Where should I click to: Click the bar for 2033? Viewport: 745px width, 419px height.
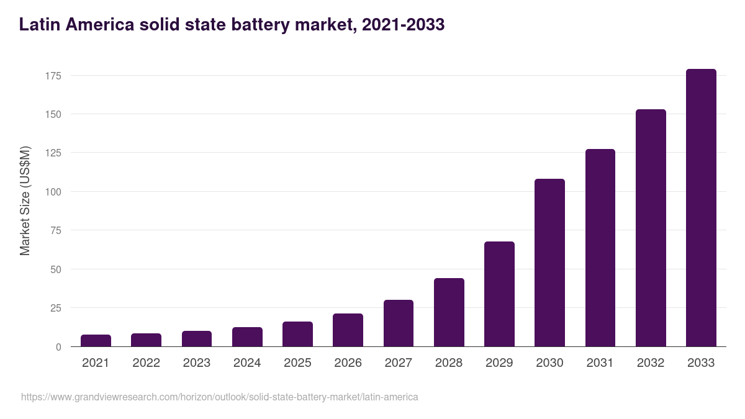pos(701,208)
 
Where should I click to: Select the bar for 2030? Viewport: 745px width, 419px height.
pos(549,263)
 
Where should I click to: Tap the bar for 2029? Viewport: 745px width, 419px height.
pos(499,294)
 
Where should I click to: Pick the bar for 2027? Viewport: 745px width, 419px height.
pos(398,323)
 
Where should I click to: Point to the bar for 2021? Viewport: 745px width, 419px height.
pos(96,341)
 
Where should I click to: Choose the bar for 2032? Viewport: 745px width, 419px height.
pos(651,228)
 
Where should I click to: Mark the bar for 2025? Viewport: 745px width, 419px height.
pos(297,334)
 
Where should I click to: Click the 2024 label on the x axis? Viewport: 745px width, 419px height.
pos(247,363)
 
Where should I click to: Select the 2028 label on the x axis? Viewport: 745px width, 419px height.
pos(449,363)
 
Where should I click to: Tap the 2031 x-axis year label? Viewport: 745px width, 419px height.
pos(600,363)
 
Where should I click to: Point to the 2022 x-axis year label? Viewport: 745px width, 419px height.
pos(146,363)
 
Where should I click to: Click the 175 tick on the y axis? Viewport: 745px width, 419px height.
pos(53,76)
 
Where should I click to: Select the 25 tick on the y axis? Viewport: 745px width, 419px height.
pos(55,308)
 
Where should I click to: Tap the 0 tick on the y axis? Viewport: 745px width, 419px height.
pos(58,347)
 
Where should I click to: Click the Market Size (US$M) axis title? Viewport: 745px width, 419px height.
pos(25,200)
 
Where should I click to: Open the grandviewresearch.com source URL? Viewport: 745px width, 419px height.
pos(220,397)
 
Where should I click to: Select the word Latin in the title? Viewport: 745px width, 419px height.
pos(39,25)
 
